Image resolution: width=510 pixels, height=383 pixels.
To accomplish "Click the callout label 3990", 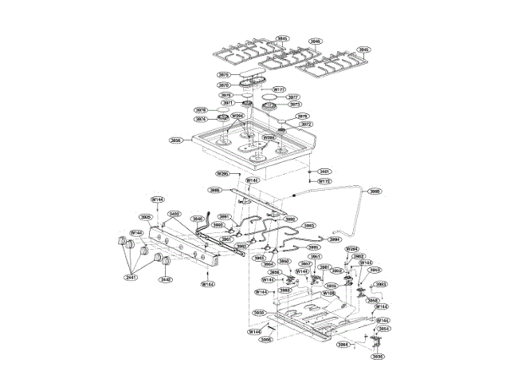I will coord(375,191).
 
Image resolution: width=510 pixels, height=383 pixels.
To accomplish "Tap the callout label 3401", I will coord(324,172).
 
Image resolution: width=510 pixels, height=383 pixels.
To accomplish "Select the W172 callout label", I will coord(324,181).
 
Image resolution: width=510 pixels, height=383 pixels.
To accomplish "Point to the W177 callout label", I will coord(279,89).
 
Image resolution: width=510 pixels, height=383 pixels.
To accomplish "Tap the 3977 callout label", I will coord(293,96).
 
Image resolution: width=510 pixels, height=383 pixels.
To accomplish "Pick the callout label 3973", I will coord(294,105).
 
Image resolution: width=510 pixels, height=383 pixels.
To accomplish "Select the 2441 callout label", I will coord(131,277).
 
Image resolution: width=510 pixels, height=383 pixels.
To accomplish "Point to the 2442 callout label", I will coord(165,279).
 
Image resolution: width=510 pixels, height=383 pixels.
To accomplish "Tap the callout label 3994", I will coord(335,239).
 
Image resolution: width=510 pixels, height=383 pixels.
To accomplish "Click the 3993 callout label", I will coord(309,226).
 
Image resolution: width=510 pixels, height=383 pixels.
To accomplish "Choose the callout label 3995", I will coord(313,247).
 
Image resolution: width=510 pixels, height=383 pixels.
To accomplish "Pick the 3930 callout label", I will coord(259,313).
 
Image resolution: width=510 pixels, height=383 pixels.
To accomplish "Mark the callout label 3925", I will coord(146,216).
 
